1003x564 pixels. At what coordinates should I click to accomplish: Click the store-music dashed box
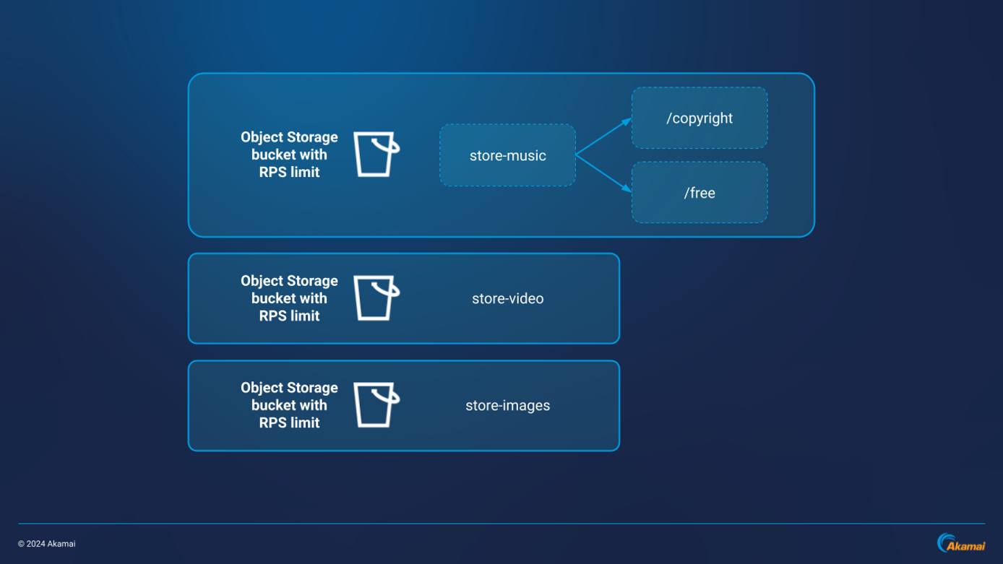tap(507, 155)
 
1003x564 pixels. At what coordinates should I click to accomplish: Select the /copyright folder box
tap(699, 118)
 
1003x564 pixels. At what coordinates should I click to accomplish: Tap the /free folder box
tap(699, 193)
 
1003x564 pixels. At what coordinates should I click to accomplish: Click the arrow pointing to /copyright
tap(604, 136)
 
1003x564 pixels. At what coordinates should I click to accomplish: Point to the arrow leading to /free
tap(604, 173)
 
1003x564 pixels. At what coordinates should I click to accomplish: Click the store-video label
tap(507, 298)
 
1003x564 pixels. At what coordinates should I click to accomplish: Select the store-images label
tap(507, 405)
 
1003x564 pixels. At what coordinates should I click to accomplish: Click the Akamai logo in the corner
tap(961, 544)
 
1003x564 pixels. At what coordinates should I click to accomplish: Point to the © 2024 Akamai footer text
tap(47, 544)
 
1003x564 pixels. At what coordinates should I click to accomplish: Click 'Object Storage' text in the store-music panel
tap(289, 137)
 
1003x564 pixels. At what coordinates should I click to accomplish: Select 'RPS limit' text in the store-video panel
tap(289, 316)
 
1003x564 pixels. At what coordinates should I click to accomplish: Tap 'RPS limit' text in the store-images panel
tap(289, 422)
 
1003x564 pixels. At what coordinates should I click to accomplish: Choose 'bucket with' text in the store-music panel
tap(289, 155)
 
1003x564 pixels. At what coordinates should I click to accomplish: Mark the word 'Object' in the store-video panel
tap(262, 281)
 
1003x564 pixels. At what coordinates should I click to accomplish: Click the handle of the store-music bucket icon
tap(394, 148)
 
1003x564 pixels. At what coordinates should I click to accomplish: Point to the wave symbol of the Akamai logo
tap(944, 542)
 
